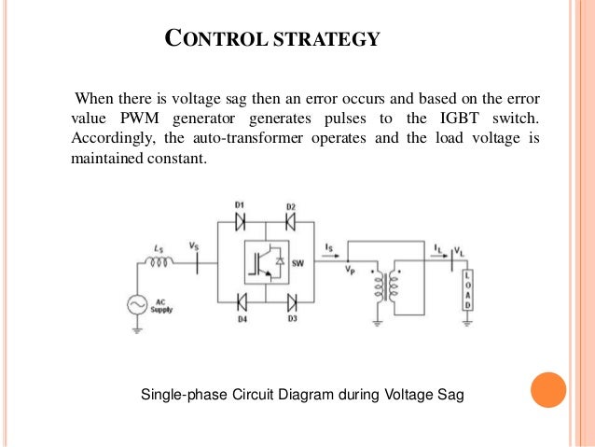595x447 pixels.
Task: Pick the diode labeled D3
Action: coord(291,303)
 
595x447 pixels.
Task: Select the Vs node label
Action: coord(194,246)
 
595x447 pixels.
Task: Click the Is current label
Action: coord(330,246)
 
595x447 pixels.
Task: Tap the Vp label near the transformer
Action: coord(351,270)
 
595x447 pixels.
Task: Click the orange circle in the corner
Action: coord(547,390)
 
